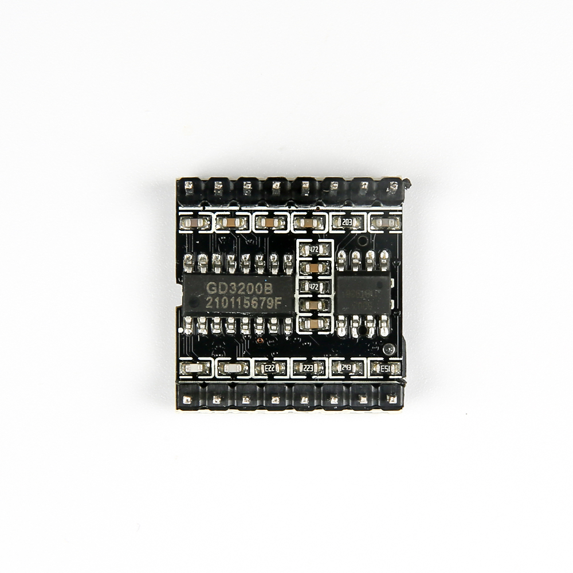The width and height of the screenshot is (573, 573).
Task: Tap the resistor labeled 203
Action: (347, 222)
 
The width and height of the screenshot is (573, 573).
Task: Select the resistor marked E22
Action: (269, 367)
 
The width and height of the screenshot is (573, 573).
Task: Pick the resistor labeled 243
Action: (347, 367)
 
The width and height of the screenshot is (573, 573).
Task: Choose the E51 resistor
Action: (386, 367)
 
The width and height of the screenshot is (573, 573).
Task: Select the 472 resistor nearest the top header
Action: (314, 249)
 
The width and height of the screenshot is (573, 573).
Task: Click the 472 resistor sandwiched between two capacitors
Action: (314, 285)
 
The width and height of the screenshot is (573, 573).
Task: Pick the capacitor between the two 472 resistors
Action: (314, 268)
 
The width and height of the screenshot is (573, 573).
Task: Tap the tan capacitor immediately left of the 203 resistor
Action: (308, 222)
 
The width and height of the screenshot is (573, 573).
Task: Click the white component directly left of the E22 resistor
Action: (231, 367)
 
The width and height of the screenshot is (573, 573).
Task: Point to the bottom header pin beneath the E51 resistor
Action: (390, 398)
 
